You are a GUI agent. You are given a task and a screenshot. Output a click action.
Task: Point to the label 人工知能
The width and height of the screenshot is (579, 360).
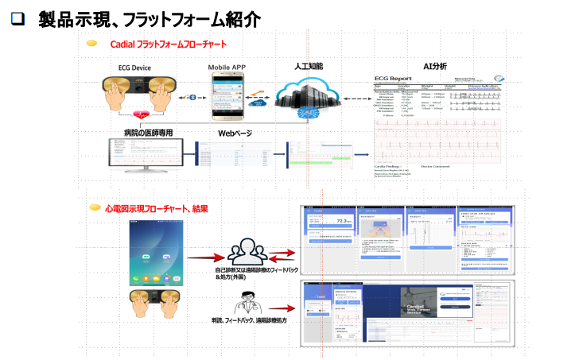click(309, 67)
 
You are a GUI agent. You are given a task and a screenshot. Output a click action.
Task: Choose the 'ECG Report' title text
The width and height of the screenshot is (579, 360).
click(395, 78)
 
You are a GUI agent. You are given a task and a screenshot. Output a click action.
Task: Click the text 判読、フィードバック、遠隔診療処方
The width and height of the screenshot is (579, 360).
click(249, 319)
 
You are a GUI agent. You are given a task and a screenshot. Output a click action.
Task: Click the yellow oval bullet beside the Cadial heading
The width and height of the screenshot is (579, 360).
click(92, 44)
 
